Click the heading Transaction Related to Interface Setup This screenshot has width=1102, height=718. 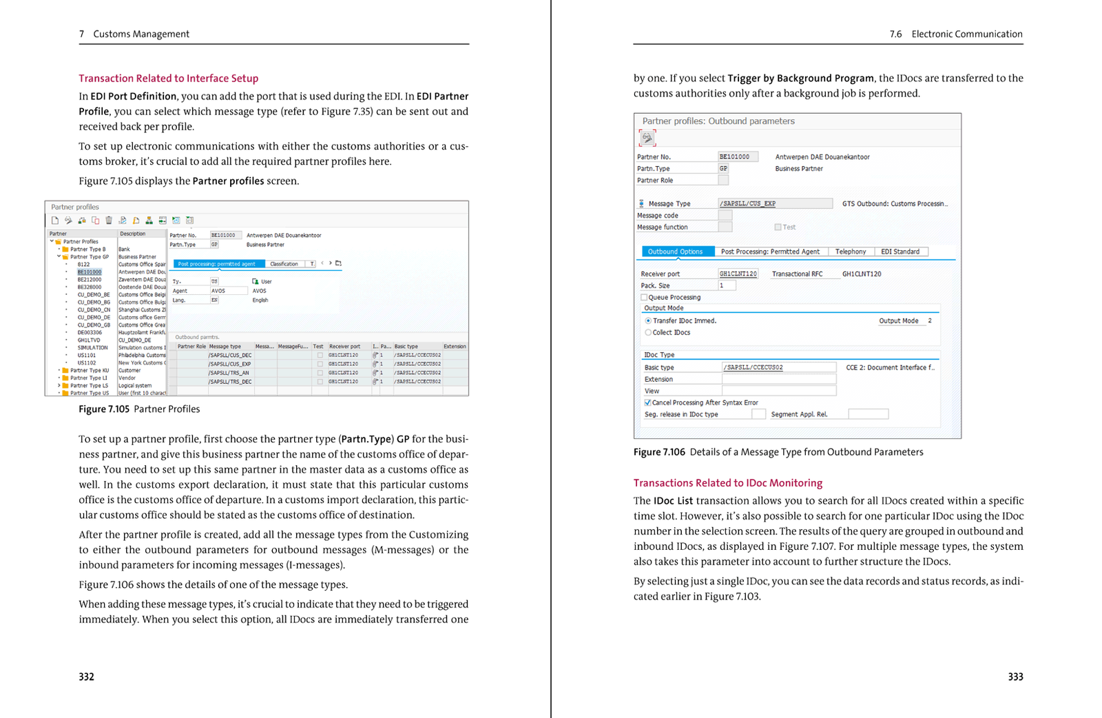point(168,79)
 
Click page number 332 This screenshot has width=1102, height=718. point(86,677)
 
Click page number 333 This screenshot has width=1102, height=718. point(1015,677)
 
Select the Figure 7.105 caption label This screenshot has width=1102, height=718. point(104,409)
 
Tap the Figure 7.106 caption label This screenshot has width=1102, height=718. point(659,452)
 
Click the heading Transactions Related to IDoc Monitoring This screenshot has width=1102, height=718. point(727,483)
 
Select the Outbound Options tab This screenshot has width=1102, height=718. point(675,252)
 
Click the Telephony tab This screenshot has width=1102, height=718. point(851,252)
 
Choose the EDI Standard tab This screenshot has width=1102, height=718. point(900,252)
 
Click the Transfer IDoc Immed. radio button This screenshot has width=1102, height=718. point(648,321)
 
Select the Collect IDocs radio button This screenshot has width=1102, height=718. point(648,333)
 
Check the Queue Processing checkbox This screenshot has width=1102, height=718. point(645,298)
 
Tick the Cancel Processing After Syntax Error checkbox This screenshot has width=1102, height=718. point(647,402)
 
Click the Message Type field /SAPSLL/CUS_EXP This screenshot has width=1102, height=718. point(774,204)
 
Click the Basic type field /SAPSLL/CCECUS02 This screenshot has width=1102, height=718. point(778,367)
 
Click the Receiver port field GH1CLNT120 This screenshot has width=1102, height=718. point(738,274)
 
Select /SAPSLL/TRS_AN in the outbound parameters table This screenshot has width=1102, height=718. point(229,373)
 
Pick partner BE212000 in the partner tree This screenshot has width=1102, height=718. point(89,280)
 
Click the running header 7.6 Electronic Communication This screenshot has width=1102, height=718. point(955,34)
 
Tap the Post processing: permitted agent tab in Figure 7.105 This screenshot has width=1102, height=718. point(217,264)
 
